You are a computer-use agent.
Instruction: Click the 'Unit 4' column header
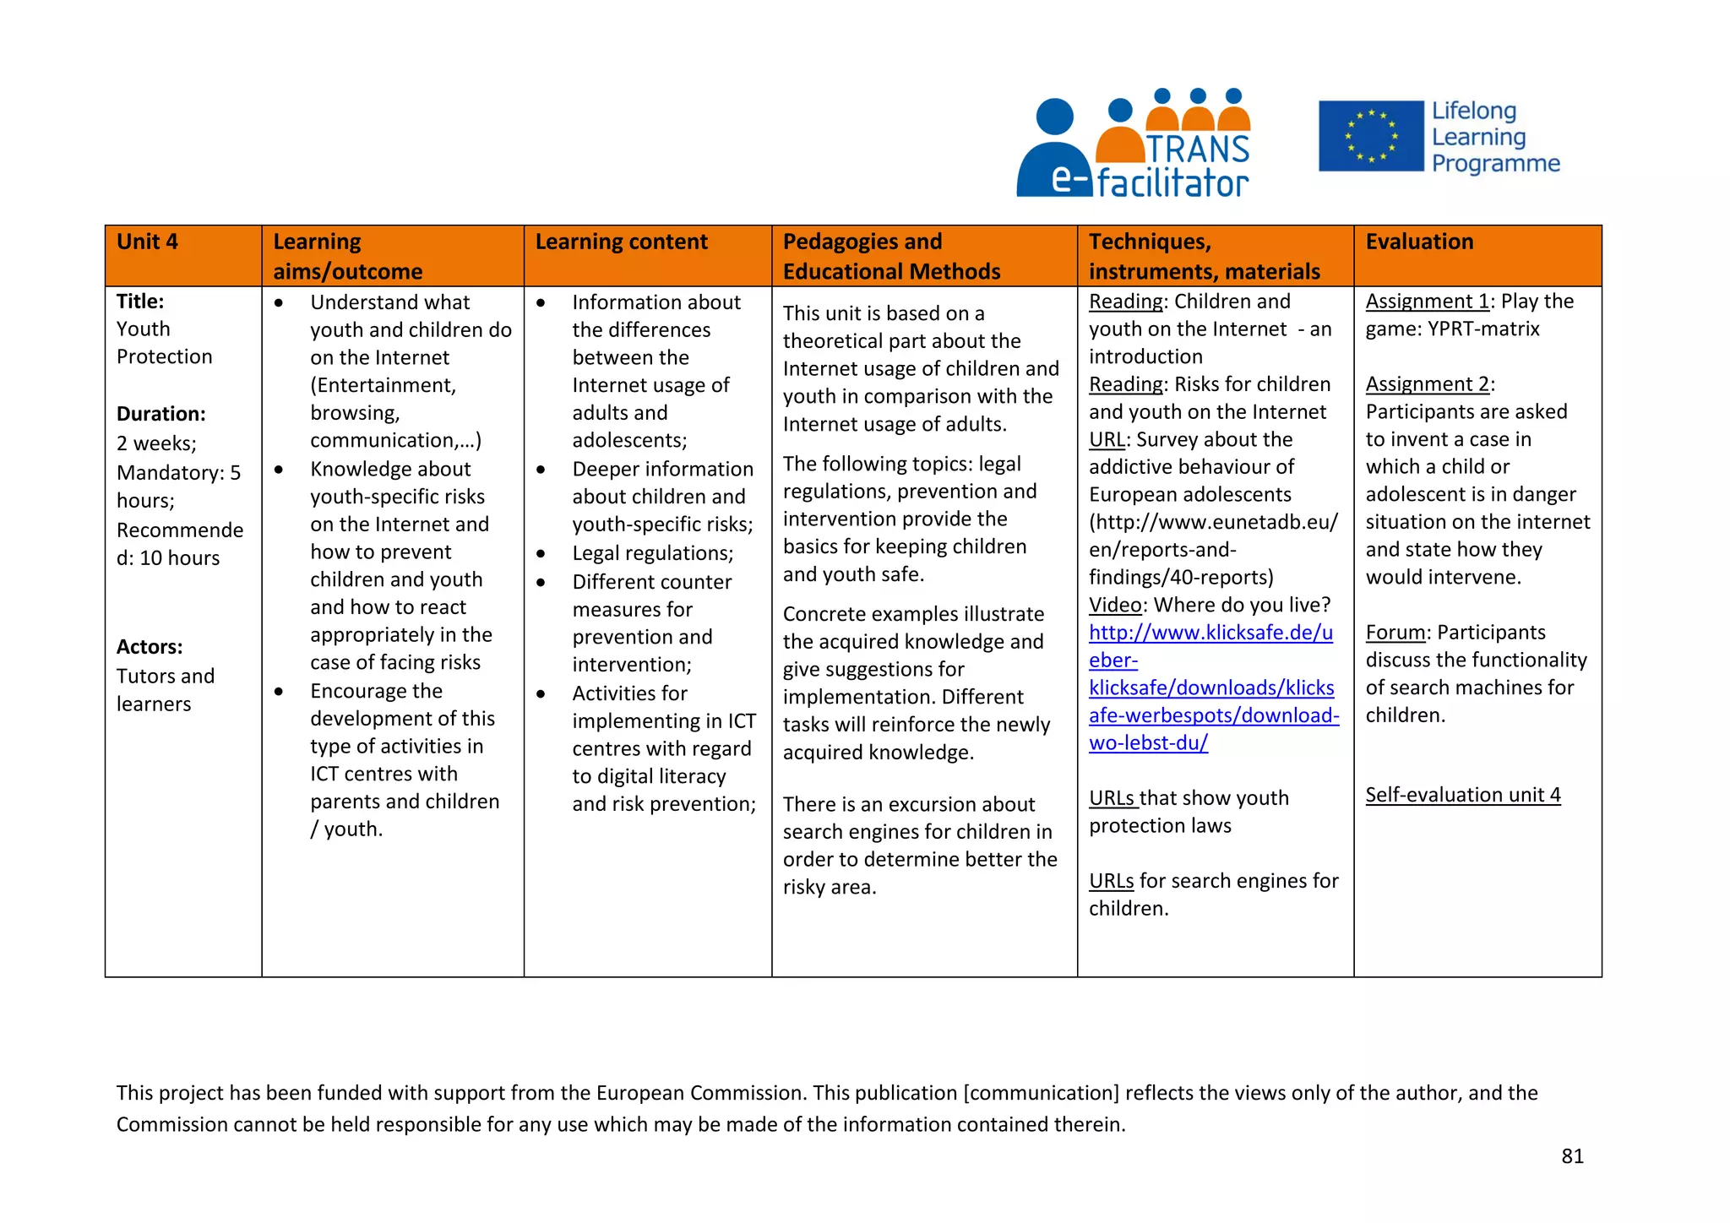[x=147, y=242]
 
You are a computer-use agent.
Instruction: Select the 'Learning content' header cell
[x=621, y=242]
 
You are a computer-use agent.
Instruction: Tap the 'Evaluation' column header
[x=1419, y=242]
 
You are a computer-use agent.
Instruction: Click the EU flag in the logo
[x=1370, y=136]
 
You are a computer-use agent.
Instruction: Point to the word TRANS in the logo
[x=1198, y=149]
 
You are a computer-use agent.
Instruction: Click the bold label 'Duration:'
[x=161, y=414]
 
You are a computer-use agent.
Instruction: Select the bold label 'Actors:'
[x=150, y=647]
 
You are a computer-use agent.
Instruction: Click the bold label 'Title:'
[x=140, y=302]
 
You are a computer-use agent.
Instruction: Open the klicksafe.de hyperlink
[x=1210, y=688]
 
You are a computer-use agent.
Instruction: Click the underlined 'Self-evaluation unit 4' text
[x=1462, y=795]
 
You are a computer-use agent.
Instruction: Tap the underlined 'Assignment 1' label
[x=1427, y=302]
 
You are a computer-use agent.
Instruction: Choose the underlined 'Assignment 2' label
[x=1427, y=384]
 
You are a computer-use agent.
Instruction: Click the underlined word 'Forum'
[x=1395, y=633]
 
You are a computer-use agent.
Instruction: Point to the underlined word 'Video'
[x=1115, y=605]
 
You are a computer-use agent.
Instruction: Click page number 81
[x=1572, y=1156]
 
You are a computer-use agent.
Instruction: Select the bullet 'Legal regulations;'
[x=652, y=553]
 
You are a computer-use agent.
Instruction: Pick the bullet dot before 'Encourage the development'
[x=279, y=692]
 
